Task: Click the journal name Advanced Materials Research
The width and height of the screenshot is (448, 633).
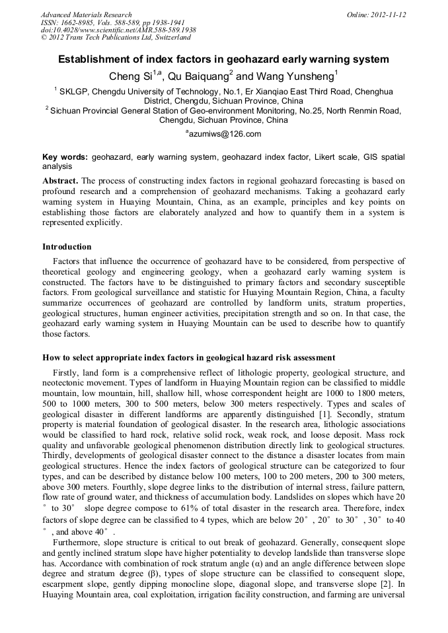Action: tap(87, 15)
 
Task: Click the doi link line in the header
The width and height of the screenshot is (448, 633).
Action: tap(118, 30)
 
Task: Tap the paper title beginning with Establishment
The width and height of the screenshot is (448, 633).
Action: tap(223, 59)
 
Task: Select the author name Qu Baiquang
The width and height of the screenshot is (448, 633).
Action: tap(198, 76)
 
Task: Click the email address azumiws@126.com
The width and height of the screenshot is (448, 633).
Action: tap(225, 134)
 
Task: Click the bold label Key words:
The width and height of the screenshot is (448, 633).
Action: tap(65, 157)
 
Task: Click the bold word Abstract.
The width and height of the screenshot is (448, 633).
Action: tap(60, 180)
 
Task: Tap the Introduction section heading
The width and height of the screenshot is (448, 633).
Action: tap(67, 247)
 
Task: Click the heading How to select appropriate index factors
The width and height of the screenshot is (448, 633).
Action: tap(188, 358)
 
